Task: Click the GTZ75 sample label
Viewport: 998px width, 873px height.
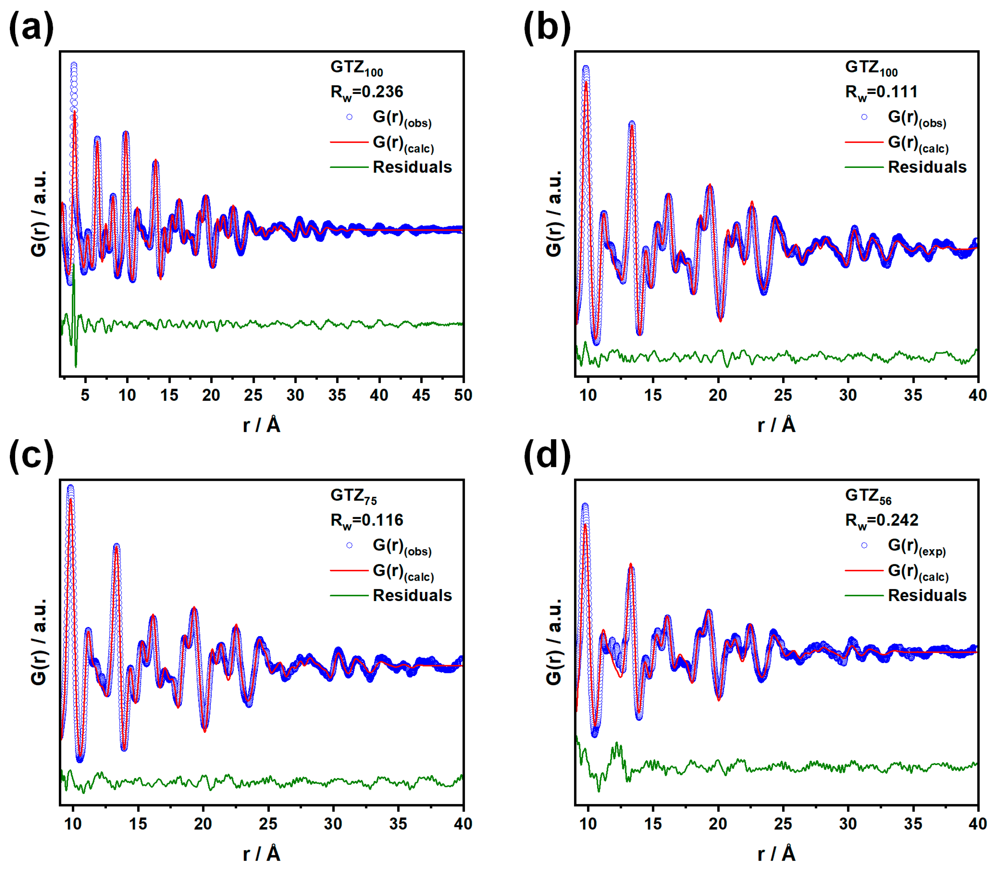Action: point(353,496)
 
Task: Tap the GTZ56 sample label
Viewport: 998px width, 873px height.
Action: point(868,496)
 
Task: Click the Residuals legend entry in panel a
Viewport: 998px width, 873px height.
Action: point(412,167)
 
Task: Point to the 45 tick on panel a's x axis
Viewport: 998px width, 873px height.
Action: point(421,395)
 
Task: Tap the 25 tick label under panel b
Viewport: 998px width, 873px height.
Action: point(783,395)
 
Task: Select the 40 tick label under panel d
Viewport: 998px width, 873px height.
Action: point(977,823)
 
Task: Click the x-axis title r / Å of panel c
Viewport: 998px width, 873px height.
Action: point(261,853)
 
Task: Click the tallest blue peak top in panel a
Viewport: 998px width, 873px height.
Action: point(74,65)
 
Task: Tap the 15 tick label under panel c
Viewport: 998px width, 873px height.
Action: point(138,823)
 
